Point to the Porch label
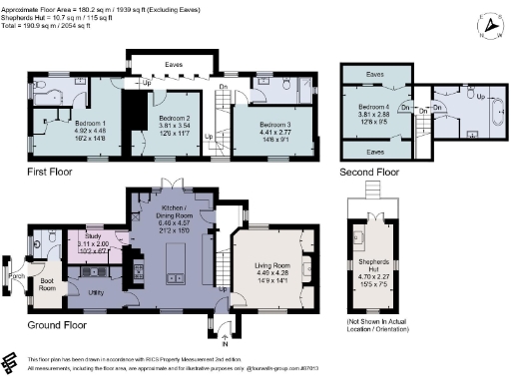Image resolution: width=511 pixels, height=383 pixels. pyautogui.click(x=16, y=275)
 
